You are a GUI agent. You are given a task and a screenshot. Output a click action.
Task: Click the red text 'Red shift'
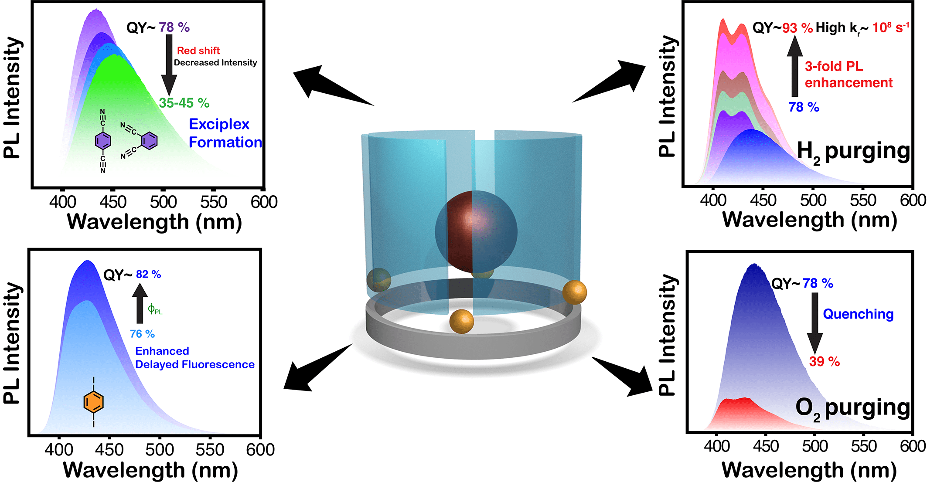[x=198, y=51]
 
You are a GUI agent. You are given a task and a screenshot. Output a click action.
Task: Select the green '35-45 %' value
[x=184, y=103]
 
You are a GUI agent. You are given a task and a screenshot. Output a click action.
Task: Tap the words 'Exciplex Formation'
[x=225, y=133]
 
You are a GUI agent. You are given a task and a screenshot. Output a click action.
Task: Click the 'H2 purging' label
[x=853, y=152]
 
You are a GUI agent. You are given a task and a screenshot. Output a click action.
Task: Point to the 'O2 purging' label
[x=852, y=408]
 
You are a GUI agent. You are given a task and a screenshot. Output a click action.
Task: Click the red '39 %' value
[x=824, y=361]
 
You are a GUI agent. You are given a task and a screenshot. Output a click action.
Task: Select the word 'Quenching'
[x=858, y=314]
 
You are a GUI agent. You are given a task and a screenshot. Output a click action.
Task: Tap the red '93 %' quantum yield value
[x=797, y=28]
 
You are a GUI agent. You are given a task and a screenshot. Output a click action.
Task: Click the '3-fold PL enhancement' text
[x=848, y=74]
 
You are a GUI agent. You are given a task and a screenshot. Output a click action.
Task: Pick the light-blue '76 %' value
[x=142, y=334]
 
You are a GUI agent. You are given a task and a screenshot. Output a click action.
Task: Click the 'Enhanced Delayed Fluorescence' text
[x=194, y=357]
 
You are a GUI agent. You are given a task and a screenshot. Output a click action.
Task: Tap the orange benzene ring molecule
[x=93, y=402]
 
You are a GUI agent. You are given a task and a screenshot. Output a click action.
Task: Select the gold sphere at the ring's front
[x=461, y=321]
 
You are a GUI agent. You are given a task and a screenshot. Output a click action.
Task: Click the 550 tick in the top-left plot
[x=214, y=202]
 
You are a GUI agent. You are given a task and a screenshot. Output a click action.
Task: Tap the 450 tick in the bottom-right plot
[x=766, y=446]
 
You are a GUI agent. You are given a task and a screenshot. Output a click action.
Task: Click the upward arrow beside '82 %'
[x=140, y=303]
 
